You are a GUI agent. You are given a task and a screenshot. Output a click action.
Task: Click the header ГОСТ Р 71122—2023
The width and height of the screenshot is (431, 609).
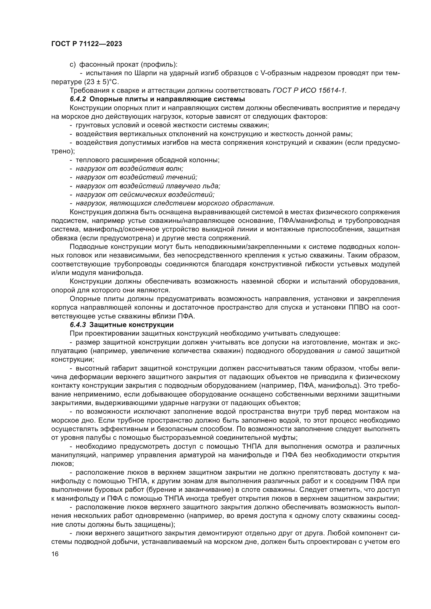[x=87, y=44]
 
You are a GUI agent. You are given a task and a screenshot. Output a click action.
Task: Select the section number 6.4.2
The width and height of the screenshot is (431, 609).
[x=78, y=99]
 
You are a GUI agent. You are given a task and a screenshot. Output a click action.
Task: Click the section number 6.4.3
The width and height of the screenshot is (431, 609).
[x=78, y=325]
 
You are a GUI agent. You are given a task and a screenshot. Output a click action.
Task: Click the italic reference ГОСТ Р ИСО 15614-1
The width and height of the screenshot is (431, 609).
[x=310, y=90]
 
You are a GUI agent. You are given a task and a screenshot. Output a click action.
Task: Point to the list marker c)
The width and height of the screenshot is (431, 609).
[x=72, y=65]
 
